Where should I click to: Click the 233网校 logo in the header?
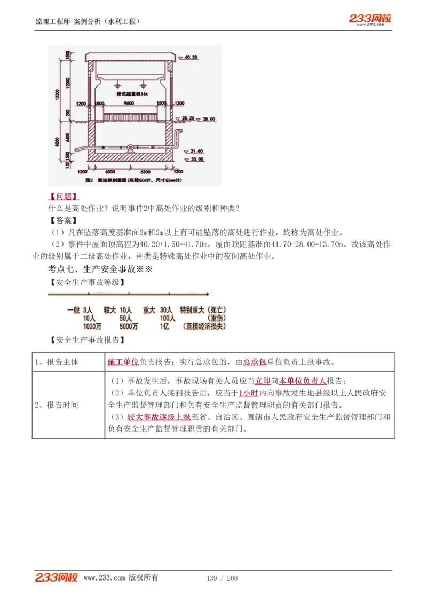[x=370, y=19]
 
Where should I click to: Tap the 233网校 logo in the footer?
[x=57, y=577]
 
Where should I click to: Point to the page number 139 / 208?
[x=222, y=578]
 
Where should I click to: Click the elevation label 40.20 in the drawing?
[x=192, y=56]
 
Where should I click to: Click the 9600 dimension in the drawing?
[x=129, y=103]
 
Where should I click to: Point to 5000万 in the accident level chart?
[x=129, y=327]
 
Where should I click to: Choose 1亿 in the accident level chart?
[x=164, y=327]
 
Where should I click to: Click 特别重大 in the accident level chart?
[x=192, y=310]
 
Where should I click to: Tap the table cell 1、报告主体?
[x=57, y=362]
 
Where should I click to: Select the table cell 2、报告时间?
[x=57, y=405]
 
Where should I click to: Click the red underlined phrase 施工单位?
[x=123, y=362]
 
